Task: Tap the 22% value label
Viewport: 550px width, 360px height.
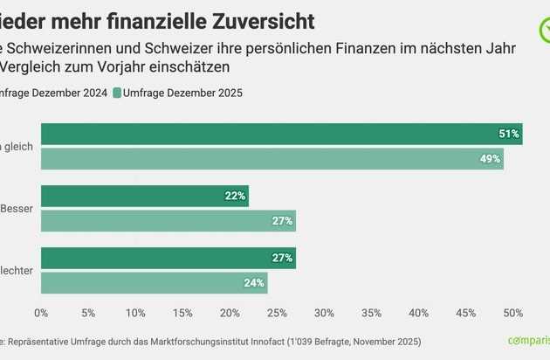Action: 235,196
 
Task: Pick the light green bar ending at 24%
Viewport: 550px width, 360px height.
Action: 154,283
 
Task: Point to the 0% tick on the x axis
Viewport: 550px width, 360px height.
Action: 41,312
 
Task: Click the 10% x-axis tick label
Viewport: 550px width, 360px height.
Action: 135,312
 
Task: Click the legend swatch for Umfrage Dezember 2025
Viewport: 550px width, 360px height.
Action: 117,92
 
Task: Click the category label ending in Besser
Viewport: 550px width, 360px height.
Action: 18,209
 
